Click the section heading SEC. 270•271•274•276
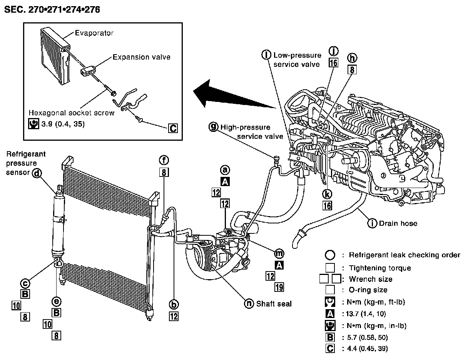click(52, 10)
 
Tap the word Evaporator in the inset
click(94, 33)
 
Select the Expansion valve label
click(141, 57)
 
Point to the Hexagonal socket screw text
click(72, 113)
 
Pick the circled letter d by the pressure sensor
click(37, 173)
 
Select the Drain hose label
click(398, 223)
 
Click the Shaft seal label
click(274, 304)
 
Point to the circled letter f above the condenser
click(164, 160)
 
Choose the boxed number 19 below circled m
click(279, 286)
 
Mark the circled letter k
click(327, 193)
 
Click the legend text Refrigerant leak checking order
click(404, 255)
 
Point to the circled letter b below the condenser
click(174, 305)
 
